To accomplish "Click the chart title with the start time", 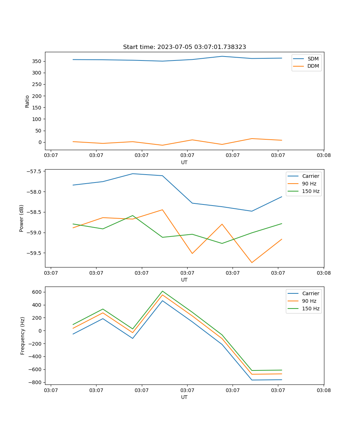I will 184,47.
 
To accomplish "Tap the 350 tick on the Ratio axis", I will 38,61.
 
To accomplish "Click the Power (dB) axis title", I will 22,218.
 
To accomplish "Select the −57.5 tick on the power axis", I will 35,171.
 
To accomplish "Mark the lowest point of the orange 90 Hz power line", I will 252,262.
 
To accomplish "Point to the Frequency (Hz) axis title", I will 22,336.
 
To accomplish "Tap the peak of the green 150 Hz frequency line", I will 162,291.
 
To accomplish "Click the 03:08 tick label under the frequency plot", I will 323,390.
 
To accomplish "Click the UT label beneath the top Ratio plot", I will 184,162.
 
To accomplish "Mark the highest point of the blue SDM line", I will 222,56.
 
